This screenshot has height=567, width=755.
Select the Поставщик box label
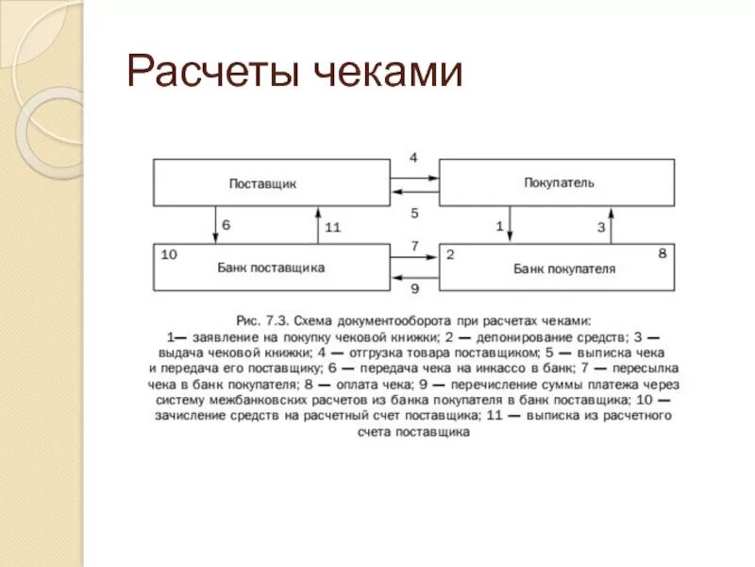tap(262, 183)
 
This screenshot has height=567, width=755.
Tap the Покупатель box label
tap(559, 182)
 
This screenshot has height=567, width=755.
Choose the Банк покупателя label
tap(564, 268)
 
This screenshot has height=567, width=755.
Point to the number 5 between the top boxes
tap(413, 214)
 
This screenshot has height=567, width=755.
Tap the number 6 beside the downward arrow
tap(226, 226)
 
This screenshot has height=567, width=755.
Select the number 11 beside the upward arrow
tap(332, 227)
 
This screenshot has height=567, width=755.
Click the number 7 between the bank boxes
tap(413, 246)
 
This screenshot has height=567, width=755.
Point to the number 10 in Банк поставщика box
tap(170, 254)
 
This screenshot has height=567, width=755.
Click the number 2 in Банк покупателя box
tap(450, 254)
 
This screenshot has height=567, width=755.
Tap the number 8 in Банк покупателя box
tap(662, 253)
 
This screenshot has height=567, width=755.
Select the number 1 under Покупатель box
tap(499, 226)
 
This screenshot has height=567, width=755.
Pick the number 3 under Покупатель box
tap(600, 226)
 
